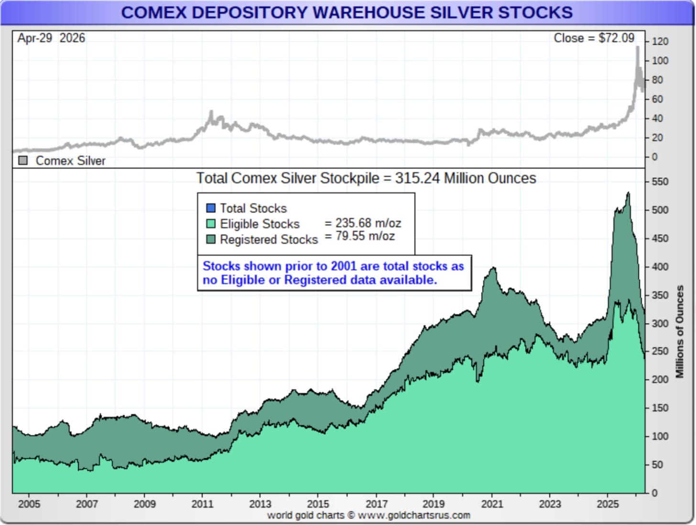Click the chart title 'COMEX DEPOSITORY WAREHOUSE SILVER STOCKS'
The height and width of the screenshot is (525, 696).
(x=347, y=13)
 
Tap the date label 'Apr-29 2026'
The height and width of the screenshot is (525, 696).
(x=51, y=38)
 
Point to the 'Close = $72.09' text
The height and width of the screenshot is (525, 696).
(x=594, y=38)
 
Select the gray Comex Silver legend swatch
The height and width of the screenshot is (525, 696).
(x=23, y=161)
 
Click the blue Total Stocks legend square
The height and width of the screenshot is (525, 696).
(x=211, y=208)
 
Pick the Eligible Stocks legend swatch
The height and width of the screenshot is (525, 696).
(x=211, y=224)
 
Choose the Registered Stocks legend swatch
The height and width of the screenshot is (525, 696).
(x=211, y=239)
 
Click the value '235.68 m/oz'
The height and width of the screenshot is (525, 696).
(x=368, y=223)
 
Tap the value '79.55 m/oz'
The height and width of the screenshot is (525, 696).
(x=365, y=236)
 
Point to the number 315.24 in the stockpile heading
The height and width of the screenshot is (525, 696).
(x=417, y=178)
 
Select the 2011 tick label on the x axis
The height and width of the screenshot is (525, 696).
(x=202, y=504)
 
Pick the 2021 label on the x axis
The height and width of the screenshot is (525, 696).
(x=492, y=504)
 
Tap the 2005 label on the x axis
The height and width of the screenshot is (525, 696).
(x=29, y=504)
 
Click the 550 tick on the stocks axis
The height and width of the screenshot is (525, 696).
(x=660, y=182)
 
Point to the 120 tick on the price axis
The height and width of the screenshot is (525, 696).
(x=660, y=42)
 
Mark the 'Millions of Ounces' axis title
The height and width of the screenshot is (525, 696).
(x=679, y=332)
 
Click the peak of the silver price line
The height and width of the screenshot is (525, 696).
(x=637, y=47)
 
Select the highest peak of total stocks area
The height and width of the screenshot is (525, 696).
(x=628, y=193)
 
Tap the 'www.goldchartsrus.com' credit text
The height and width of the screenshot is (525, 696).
(x=414, y=515)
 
